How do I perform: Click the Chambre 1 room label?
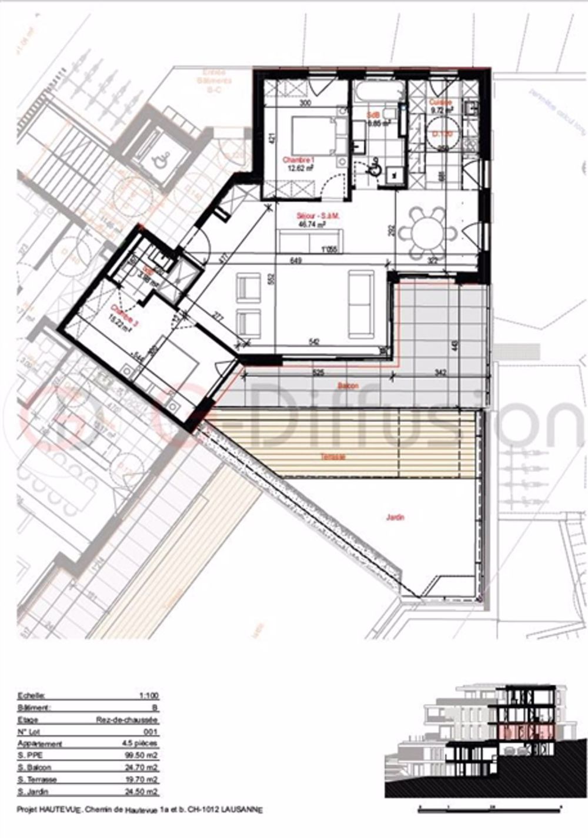point(296,160)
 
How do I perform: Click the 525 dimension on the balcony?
point(319,372)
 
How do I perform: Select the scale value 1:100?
point(148,696)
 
